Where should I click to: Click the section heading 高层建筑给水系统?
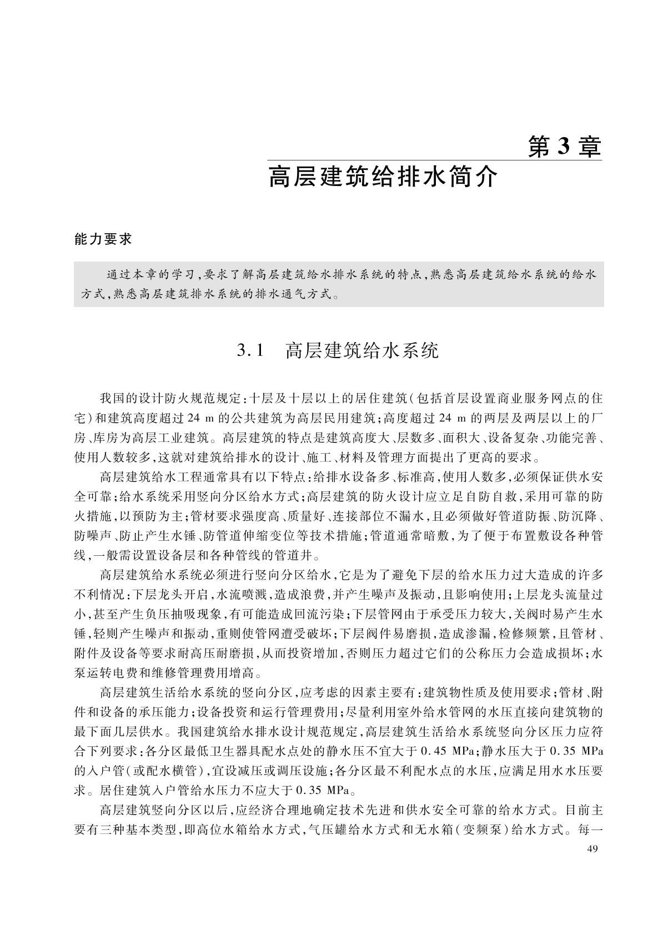coord(362,351)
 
